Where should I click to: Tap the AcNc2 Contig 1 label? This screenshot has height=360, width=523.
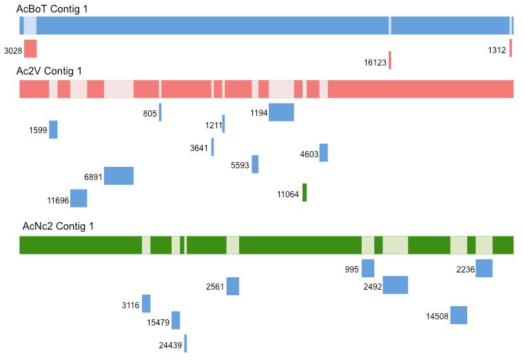58,226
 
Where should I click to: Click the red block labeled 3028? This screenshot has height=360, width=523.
30,48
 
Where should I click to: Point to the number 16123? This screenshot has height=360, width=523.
375,62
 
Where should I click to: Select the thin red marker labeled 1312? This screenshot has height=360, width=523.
511,48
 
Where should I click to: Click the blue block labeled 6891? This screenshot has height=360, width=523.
119,176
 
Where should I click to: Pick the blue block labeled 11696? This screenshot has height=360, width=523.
79,199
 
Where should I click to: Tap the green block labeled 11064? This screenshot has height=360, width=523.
305,192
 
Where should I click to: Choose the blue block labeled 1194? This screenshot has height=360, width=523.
281,112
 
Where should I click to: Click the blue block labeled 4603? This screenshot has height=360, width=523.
323,152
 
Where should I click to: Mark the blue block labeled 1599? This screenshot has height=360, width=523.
53,130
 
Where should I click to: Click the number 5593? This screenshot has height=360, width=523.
240,166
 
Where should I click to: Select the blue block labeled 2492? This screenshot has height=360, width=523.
395,285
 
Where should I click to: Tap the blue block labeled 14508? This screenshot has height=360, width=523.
458,315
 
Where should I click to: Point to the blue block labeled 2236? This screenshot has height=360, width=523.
484,268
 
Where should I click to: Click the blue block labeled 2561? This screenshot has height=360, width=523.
232,286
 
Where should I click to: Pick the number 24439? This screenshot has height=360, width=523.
170,345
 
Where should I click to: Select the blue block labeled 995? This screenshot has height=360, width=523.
368,268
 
